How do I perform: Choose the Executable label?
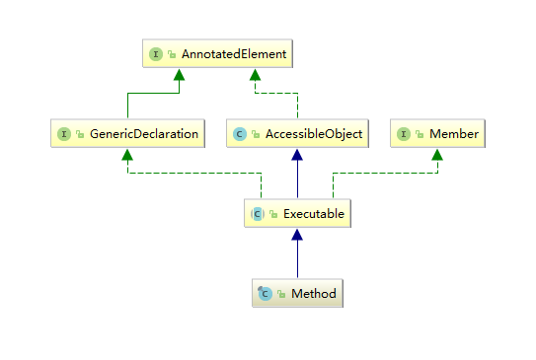[310, 212]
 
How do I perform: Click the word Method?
[315, 293]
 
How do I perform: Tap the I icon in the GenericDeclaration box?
[64, 132]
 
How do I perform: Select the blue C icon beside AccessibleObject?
[239, 132]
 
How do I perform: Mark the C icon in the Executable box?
[257, 212]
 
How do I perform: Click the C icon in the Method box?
[264, 293]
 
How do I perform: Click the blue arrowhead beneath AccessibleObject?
[296, 155]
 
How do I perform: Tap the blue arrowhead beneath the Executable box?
[296, 235]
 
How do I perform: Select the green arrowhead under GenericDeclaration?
[126, 154]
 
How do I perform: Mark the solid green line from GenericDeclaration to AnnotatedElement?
[126, 107]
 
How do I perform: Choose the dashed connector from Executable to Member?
[385, 174]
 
